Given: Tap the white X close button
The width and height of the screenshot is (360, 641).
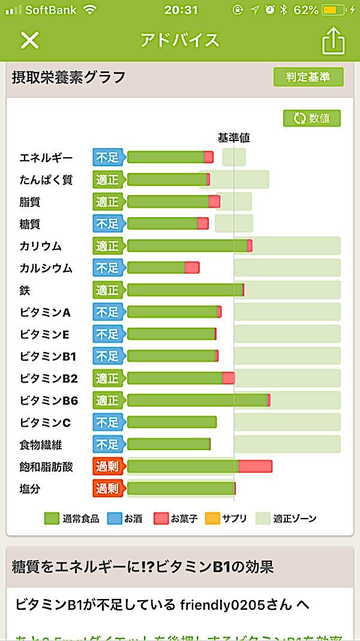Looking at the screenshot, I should [x=29, y=40].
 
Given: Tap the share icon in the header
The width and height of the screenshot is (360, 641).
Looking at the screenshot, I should [x=334, y=41].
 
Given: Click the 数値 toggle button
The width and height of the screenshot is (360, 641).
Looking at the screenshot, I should [x=312, y=118].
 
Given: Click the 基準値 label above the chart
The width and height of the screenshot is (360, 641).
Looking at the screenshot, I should [x=233, y=137].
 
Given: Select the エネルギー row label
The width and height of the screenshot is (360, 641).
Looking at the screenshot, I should [x=46, y=158].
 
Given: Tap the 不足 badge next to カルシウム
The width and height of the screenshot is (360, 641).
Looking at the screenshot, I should [x=108, y=268].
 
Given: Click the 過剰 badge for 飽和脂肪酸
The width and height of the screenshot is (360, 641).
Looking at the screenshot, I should [x=108, y=466].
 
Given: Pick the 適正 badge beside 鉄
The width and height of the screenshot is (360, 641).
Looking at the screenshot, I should [x=108, y=290].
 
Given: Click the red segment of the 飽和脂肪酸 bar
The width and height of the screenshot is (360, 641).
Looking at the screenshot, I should [x=256, y=466].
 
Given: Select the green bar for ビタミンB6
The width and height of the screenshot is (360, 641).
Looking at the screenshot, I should [x=197, y=400].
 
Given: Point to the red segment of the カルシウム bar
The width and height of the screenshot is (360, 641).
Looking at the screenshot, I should [x=192, y=268].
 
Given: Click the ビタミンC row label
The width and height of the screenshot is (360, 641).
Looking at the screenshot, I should [x=45, y=423].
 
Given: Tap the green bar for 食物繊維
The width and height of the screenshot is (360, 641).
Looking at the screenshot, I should [x=168, y=444].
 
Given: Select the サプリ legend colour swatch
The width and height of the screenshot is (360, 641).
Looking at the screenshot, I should [x=212, y=518].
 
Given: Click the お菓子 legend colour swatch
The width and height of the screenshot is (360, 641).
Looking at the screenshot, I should [x=160, y=518].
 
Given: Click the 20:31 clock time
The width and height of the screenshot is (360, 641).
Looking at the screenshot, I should [x=181, y=10].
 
